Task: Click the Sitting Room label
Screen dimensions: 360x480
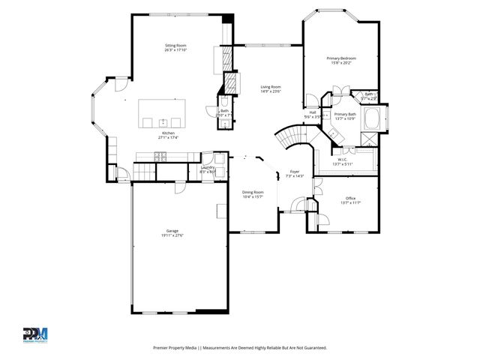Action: [175, 46]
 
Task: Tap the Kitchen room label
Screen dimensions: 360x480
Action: [167, 133]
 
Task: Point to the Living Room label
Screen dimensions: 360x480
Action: [271, 87]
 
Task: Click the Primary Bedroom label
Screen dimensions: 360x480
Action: [341, 58]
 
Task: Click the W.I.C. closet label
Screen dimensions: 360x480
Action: [342, 159]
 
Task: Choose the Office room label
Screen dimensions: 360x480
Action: [350, 198]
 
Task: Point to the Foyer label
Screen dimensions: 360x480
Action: [295, 172]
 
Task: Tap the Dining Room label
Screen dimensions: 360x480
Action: [253, 192]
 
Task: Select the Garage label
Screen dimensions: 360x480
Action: [172, 231]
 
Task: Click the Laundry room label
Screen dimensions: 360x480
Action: [208, 167]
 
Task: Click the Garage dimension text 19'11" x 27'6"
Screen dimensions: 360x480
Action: [172, 236]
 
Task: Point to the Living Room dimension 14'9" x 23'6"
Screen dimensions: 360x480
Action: [271, 91]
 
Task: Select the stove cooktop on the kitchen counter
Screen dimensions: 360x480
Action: [160, 156]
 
